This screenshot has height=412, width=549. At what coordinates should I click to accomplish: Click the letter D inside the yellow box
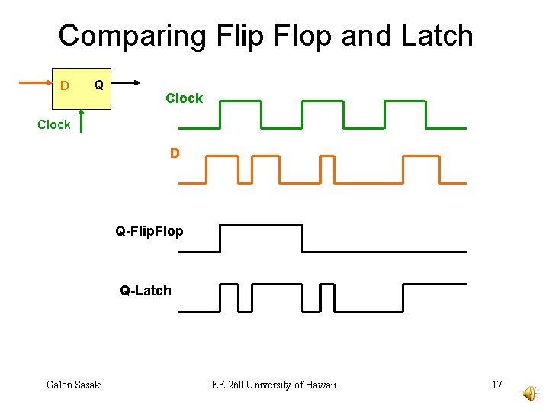pyautogui.click(x=65, y=85)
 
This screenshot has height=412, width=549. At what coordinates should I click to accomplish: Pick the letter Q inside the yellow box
pyautogui.click(x=98, y=82)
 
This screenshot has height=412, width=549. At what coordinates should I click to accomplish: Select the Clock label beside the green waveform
pyautogui.click(x=184, y=98)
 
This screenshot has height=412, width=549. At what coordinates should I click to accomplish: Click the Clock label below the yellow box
pyautogui.click(x=53, y=124)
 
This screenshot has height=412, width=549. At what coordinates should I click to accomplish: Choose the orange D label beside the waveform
pyautogui.click(x=175, y=153)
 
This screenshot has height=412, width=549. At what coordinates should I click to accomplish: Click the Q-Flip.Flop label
pyautogui.click(x=149, y=230)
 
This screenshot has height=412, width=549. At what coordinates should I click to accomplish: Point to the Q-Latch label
pyautogui.click(x=146, y=290)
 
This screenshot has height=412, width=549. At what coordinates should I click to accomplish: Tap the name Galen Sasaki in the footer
pyautogui.click(x=74, y=385)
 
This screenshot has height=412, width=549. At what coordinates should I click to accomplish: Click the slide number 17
pyautogui.click(x=496, y=385)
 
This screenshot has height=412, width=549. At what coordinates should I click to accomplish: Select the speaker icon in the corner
pyautogui.click(x=528, y=392)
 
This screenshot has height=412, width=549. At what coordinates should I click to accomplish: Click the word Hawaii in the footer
pyautogui.click(x=319, y=385)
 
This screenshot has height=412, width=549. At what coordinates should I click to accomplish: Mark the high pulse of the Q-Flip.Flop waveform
pyautogui.click(x=261, y=225)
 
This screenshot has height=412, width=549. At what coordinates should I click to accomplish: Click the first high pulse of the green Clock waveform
pyautogui.click(x=239, y=101)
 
